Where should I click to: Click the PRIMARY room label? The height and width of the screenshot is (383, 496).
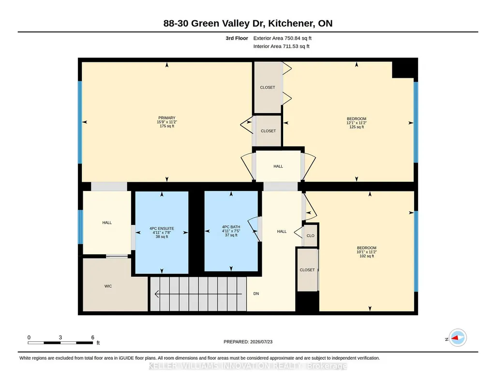(x=166, y=118)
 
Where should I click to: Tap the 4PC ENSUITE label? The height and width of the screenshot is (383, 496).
(x=162, y=228)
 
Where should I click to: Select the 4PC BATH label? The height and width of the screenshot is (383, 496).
(x=231, y=227)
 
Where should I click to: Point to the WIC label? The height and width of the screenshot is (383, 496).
(x=108, y=286)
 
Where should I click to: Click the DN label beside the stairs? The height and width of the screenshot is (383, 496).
(x=256, y=294)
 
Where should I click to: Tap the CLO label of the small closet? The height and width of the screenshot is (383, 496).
(x=310, y=236)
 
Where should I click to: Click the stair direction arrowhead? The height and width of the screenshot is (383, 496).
(x=157, y=294)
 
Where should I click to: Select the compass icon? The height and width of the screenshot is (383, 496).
(x=457, y=338)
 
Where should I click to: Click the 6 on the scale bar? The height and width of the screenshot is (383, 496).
(x=93, y=338)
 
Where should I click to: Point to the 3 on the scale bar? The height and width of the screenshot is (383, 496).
(x=60, y=338)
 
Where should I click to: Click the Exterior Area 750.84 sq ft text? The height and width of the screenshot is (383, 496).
(x=282, y=38)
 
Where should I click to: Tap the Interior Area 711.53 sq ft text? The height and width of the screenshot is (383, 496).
(x=281, y=46)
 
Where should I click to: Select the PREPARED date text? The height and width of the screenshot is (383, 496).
(x=248, y=341)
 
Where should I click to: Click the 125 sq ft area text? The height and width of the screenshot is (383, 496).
(x=357, y=127)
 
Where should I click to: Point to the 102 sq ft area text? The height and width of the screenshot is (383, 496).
(x=367, y=256)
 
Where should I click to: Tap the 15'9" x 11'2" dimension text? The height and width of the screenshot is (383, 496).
(x=166, y=122)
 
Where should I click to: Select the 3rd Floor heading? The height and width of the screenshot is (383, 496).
(x=237, y=38)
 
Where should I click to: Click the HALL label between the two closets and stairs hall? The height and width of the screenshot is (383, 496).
(x=278, y=166)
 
